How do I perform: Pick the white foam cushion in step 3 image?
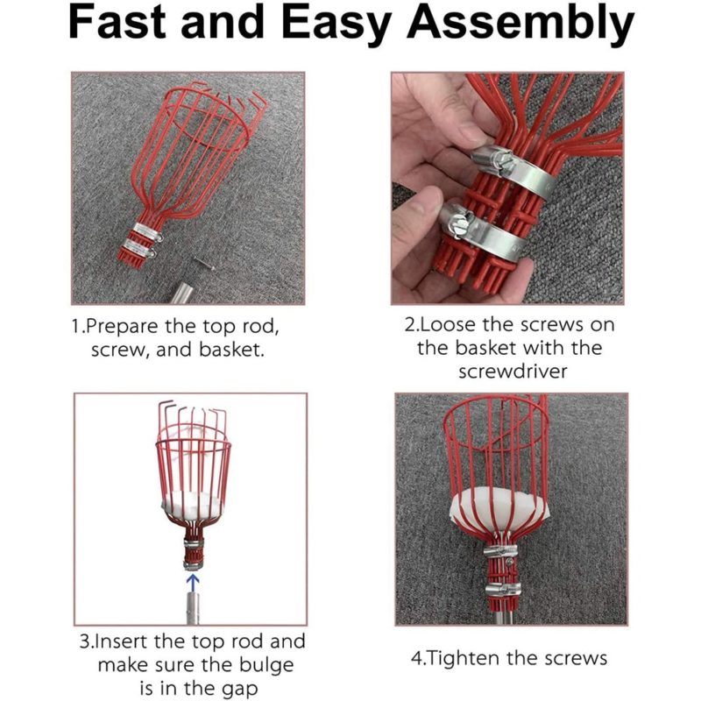point(193,504)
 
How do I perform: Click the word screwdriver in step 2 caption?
point(509,371)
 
